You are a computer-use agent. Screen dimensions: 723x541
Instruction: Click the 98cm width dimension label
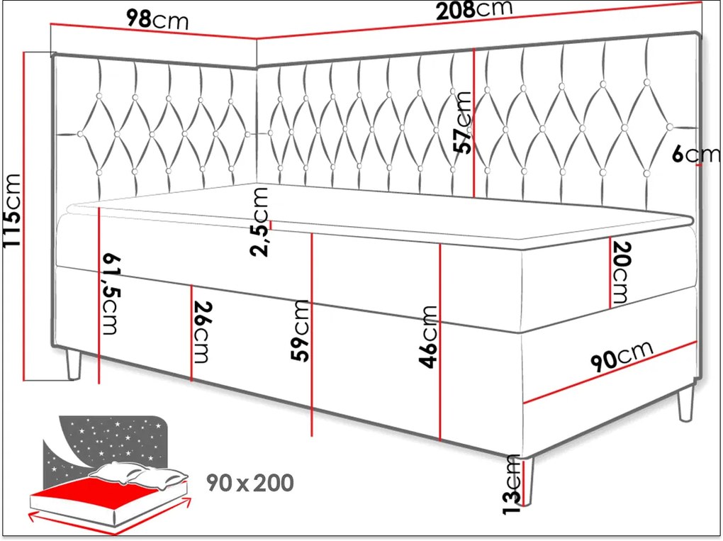click(157, 19)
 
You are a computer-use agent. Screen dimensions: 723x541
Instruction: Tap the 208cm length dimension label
click(474, 10)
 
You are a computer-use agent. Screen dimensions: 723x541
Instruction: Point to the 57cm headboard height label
click(462, 122)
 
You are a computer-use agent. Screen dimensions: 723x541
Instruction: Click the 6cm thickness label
click(695, 154)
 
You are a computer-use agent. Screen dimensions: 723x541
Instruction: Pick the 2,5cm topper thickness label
click(259, 222)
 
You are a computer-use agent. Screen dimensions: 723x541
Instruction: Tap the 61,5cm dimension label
click(110, 294)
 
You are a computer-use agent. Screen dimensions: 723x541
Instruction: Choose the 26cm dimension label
click(202, 332)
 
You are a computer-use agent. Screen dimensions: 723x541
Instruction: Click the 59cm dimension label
click(300, 330)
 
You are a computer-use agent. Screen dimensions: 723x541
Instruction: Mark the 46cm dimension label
click(428, 337)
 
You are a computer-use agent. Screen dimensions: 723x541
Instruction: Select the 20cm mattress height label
click(620, 272)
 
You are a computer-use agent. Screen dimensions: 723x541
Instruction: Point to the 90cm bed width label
click(622, 356)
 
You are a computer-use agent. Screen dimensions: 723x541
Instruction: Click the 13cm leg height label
click(512, 484)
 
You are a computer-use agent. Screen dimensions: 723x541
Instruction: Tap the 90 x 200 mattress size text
click(250, 483)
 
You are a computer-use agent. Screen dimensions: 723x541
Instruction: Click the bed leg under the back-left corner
click(74, 365)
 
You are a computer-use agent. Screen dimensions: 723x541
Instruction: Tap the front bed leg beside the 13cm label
click(529, 482)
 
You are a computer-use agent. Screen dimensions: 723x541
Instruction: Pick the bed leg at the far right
click(685, 403)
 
